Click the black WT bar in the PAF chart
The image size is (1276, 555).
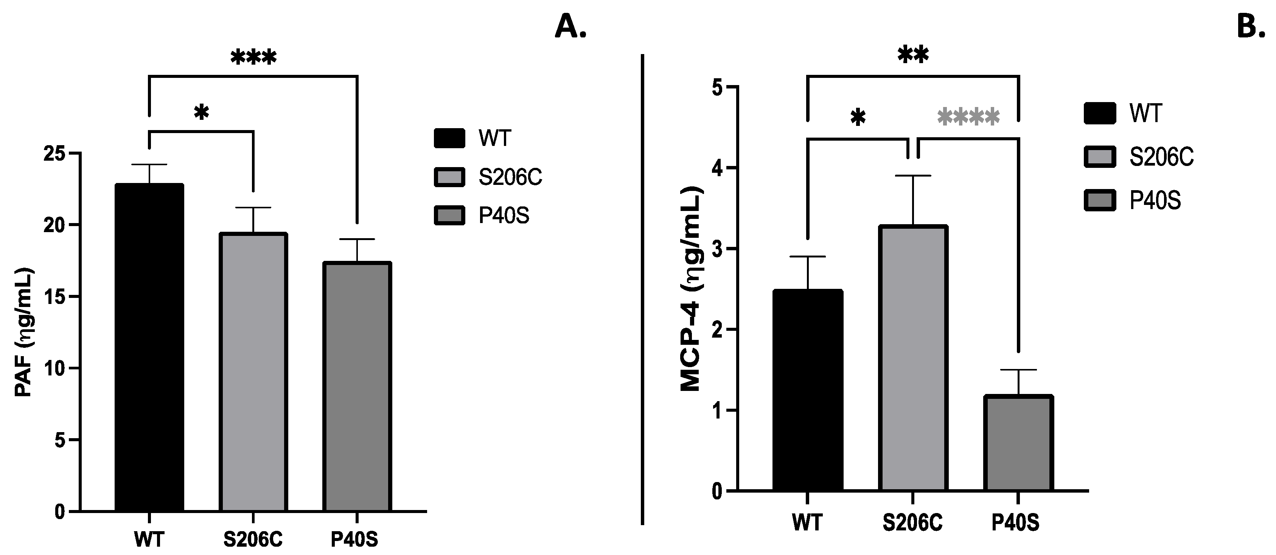point(149,347)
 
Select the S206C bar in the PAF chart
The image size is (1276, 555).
point(253,371)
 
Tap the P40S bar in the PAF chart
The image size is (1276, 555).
point(357,386)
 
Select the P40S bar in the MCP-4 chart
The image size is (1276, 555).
point(1018,443)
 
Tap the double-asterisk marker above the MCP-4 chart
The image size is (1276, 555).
point(912,56)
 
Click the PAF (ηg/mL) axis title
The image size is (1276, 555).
point(24,332)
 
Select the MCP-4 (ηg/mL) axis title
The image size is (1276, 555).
point(692,289)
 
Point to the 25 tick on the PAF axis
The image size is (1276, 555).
point(54,153)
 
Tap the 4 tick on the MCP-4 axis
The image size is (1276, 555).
point(717,168)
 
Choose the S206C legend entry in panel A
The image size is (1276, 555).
point(488,177)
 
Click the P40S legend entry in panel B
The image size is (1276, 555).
point(1135,200)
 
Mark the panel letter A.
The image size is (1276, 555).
point(570,26)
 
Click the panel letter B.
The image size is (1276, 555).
point(1251,26)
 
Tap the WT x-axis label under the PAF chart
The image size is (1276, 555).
point(149,539)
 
